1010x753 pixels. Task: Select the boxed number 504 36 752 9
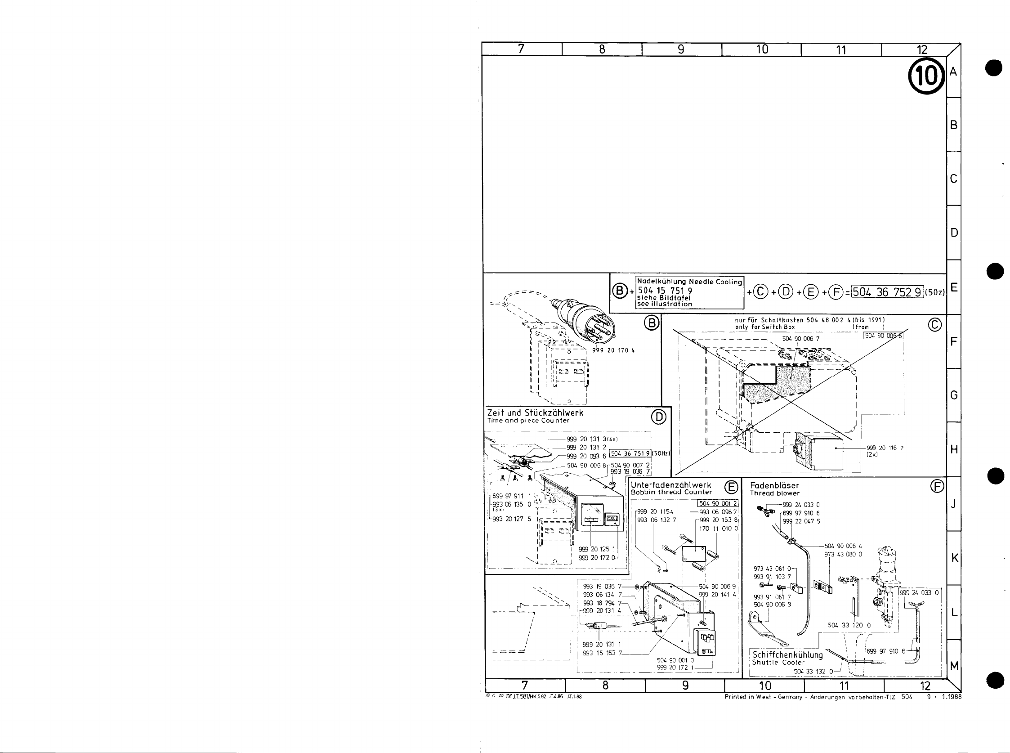point(887,292)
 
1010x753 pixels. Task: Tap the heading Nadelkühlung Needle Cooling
point(689,282)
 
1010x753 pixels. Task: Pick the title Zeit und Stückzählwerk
point(535,413)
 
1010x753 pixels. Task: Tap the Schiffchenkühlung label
point(788,655)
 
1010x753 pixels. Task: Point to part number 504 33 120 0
point(849,625)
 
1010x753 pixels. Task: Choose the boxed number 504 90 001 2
point(718,503)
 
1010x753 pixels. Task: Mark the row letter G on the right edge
point(953,395)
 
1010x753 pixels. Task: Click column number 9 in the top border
point(681,49)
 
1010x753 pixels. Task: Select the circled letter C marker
point(934,325)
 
